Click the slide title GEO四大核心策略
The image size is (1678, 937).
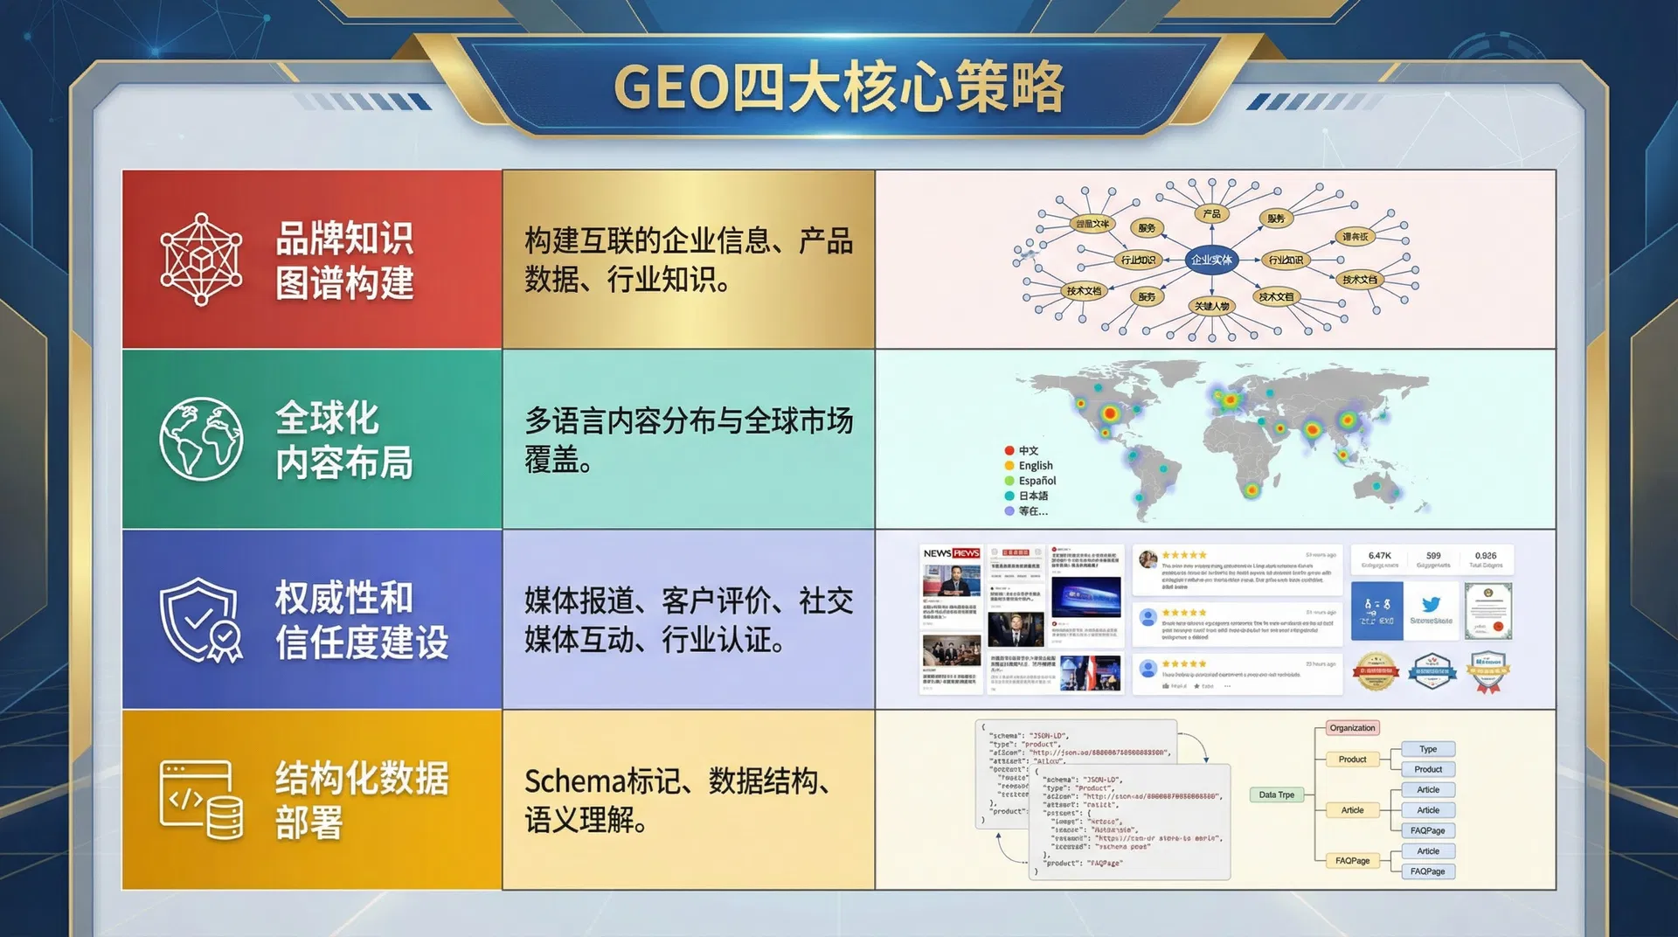click(838, 87)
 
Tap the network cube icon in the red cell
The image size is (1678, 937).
click(201, 260)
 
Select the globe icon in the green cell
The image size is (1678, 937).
click(201, 439)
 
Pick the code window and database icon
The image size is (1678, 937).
click(201, 799)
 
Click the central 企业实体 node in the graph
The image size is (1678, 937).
click(1211, 260)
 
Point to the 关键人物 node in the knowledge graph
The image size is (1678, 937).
click(1212, 306)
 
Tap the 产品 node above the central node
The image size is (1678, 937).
click(1211, 213)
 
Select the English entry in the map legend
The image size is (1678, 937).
click(1035, 466)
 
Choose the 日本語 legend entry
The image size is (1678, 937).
click(1032, 496)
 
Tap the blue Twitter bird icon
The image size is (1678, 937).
click(1431, 605)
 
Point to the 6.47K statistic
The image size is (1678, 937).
click(1379, 556)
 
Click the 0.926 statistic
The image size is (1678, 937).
click(1485, 556)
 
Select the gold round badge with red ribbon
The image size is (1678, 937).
click(1376, 671)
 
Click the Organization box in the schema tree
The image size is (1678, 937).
click(1352, 728)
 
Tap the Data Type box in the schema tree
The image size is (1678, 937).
click(1277, 795)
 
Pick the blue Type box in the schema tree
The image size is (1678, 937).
click(1428, 749)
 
